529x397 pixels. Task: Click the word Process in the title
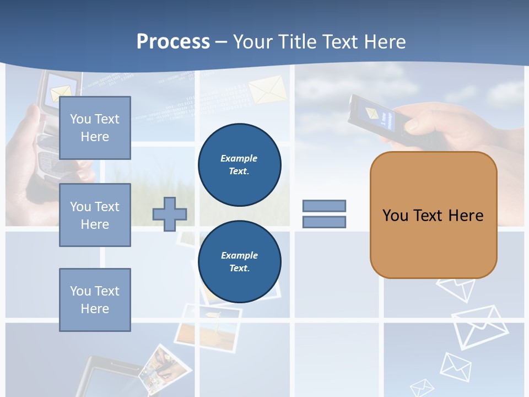173,42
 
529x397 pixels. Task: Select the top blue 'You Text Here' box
95,128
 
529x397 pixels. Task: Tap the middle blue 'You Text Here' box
95,215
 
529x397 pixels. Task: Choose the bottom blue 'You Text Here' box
95,300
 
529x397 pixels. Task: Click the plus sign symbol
170,214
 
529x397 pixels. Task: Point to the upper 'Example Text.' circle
239,165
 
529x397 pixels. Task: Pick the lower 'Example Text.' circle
239,261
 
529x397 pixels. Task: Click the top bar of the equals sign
324,206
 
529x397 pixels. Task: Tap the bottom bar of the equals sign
324,222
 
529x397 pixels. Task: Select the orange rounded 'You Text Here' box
433,215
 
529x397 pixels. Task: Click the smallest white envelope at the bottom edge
422,388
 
